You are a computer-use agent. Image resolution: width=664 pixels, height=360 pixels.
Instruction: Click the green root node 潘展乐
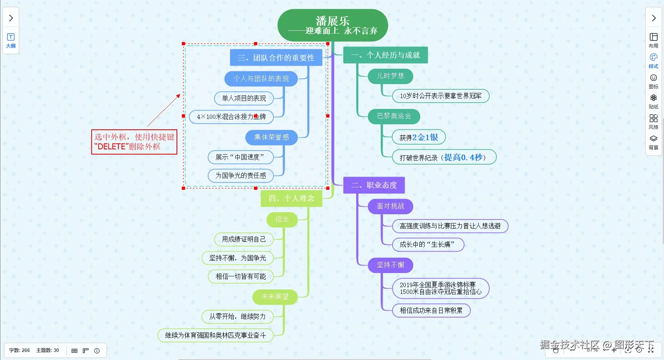pyautogui.click(x=333, y=25)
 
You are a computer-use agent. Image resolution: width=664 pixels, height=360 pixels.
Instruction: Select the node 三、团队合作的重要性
pyautogui.click(x=276, y=58)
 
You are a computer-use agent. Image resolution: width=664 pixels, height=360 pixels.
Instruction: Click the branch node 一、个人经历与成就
pyautogui.click(x=385, y=55)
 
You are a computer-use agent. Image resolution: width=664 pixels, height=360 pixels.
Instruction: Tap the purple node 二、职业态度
pyautogui.click(x=374, y=185)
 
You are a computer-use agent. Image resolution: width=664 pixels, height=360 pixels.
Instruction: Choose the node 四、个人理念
pyautogui.click(x=291, y=198)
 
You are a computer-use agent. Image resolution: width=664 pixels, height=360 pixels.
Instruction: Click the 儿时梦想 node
pyautogui.click(x=390, y=76)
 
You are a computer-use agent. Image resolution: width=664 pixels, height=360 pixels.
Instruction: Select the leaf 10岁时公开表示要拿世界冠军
pyautogui.click(x=441, y=96)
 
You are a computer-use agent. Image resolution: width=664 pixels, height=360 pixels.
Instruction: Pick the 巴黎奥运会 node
pyautogui.click(x=394, y=116)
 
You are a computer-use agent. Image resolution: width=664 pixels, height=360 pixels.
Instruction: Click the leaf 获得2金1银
pyautogui.click(x=419, y=137)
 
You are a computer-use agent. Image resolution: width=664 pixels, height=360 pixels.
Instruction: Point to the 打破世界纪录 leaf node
pyautogui.click(x=444, y=157)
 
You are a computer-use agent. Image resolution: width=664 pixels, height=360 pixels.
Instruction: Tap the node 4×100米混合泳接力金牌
pyautogui.click(x=231, y=117)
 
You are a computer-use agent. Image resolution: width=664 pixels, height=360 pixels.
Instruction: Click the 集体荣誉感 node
pyautogui.click(x=271, y=137)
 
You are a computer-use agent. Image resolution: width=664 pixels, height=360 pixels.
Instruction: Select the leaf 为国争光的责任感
pyautogui.click(x=241, y=175)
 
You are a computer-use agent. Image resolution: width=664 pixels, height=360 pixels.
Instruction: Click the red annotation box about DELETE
pyautogui.click(x=134, y=142)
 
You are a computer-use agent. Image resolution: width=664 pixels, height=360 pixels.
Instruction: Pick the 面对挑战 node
pyautogui.click(x=390, y=206)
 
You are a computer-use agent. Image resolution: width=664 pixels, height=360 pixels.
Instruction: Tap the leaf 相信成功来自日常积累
pyautogui.click(x=431, y=310)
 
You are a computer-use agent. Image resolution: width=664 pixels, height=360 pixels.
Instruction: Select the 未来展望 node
pyautogui.click(x=275, y=297)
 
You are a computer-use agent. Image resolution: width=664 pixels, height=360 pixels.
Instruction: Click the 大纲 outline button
pyautogui.click(x=11, y=40)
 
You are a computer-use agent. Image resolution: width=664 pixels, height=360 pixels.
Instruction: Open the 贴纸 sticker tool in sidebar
pyautogui.click(x=653, y=101)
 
